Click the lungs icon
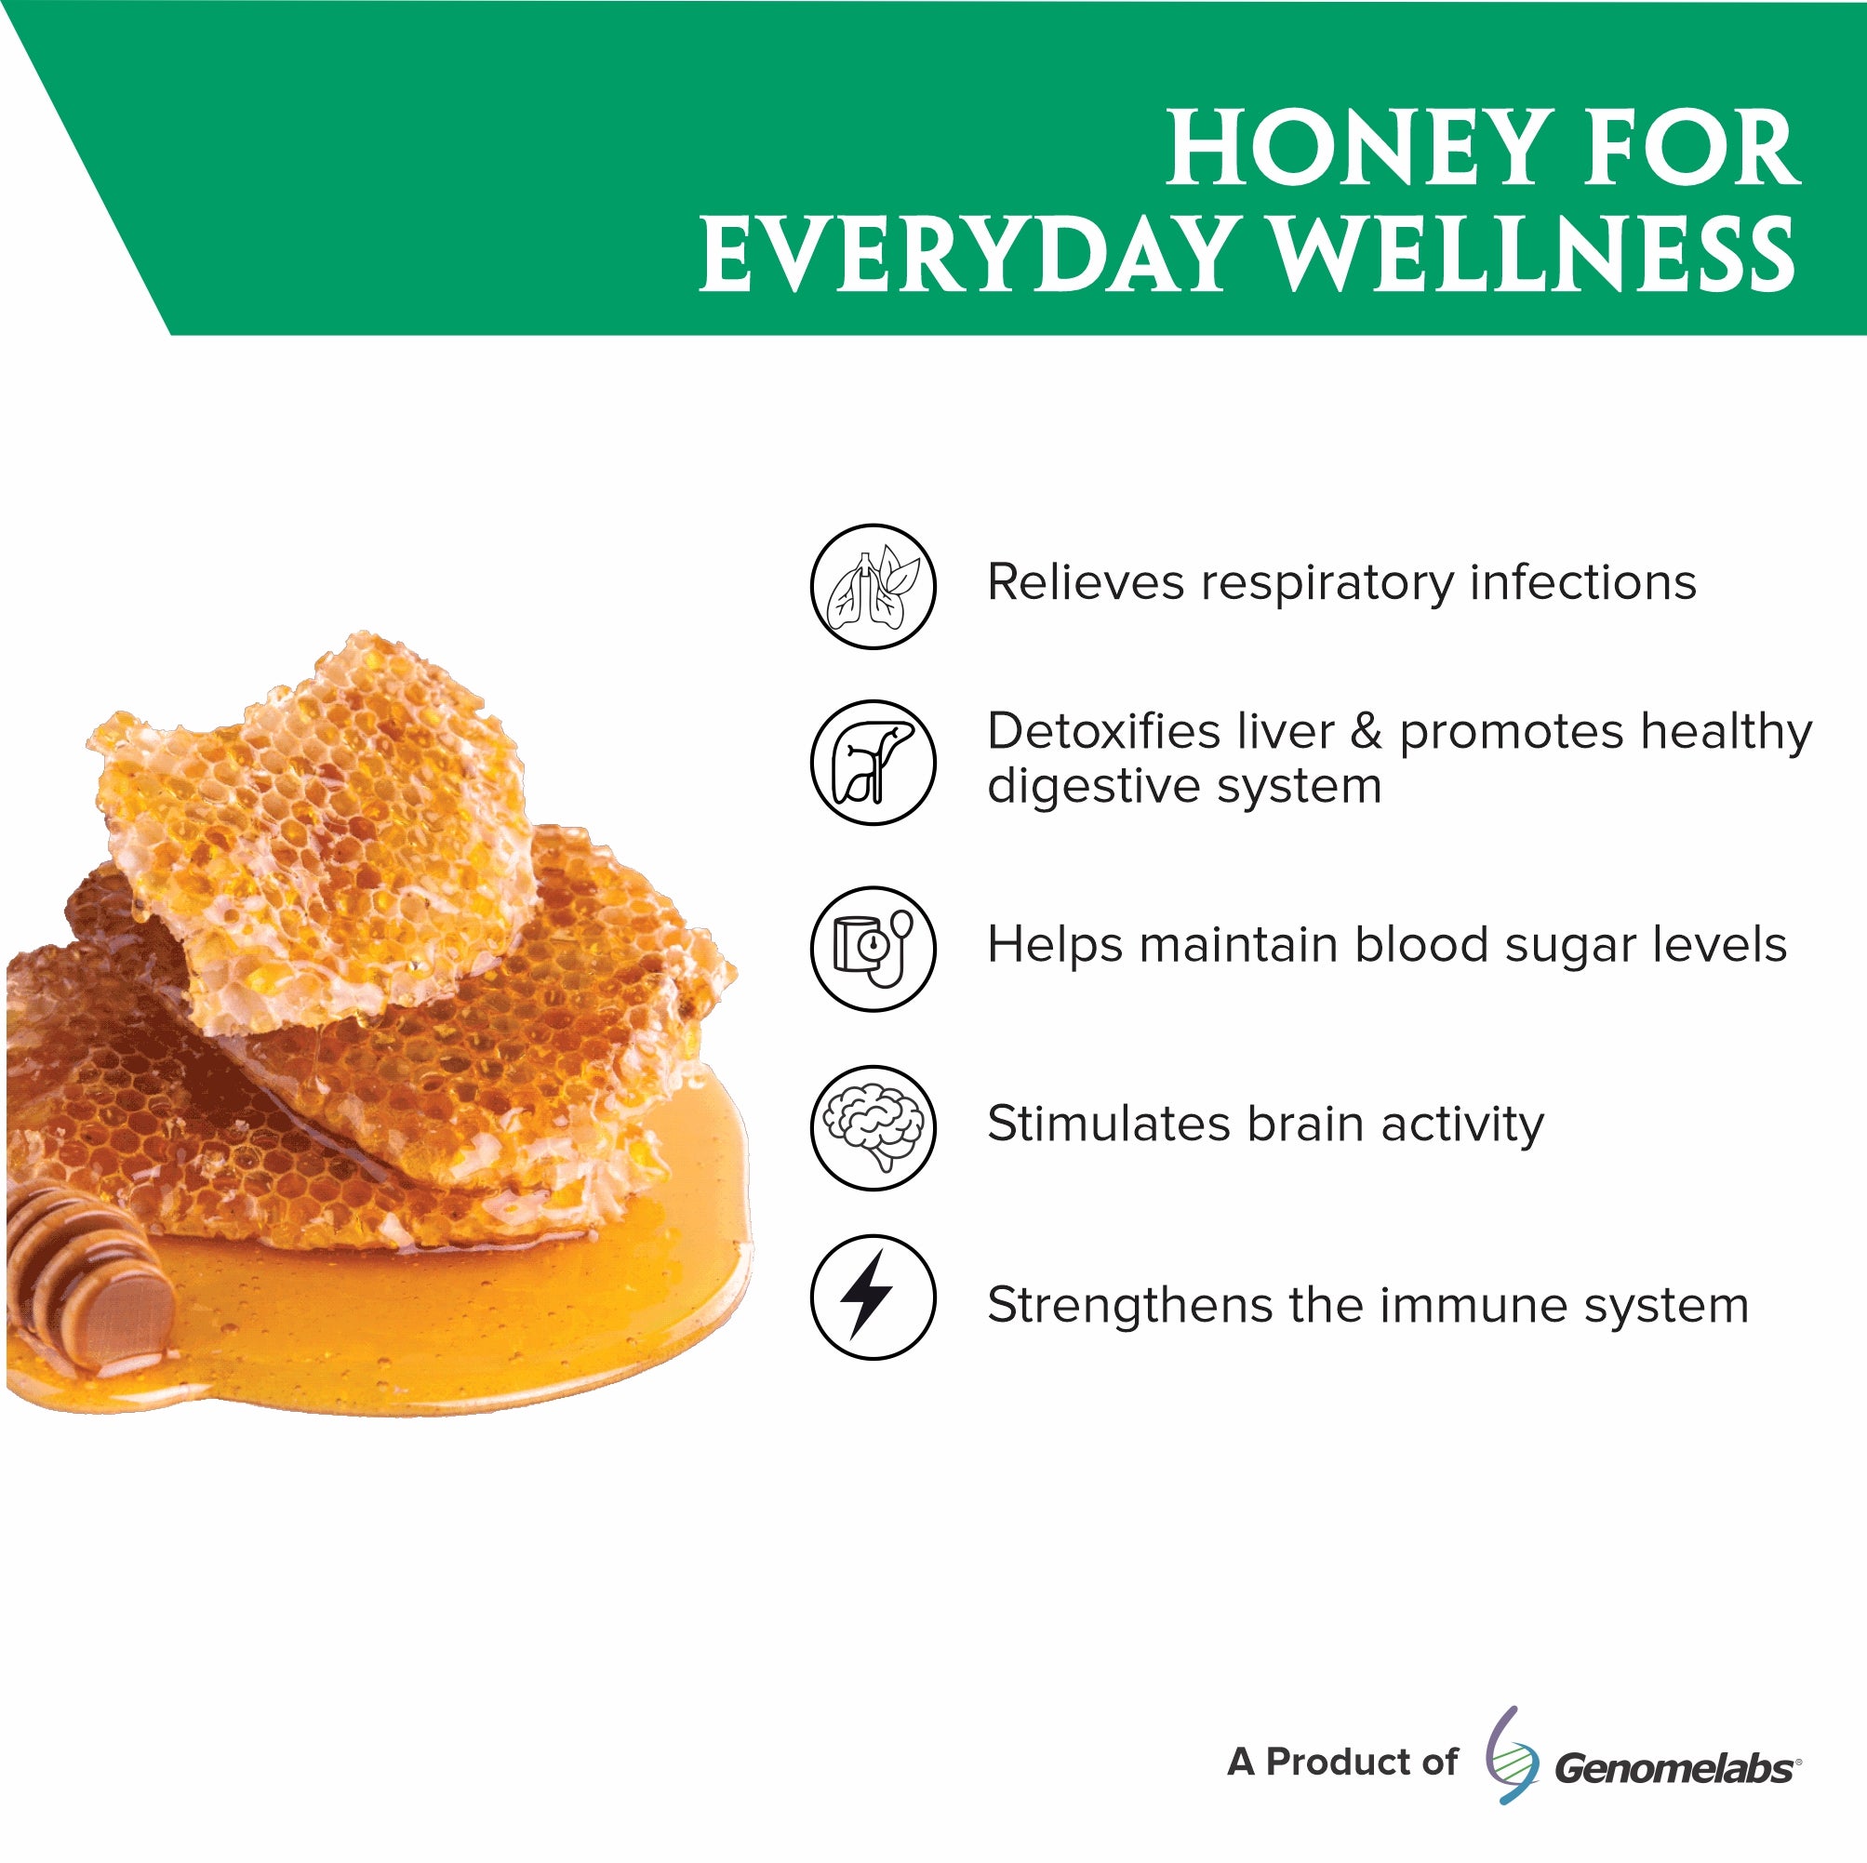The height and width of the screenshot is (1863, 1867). pos(873,587)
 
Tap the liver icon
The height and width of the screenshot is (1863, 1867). pos(873,763)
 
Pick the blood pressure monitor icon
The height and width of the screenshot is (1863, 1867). pos(873,949)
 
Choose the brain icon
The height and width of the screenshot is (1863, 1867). pos(873,1127)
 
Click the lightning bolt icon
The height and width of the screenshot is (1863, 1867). pos(873,1297)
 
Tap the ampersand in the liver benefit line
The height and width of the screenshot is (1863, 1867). pos(1366,731)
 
